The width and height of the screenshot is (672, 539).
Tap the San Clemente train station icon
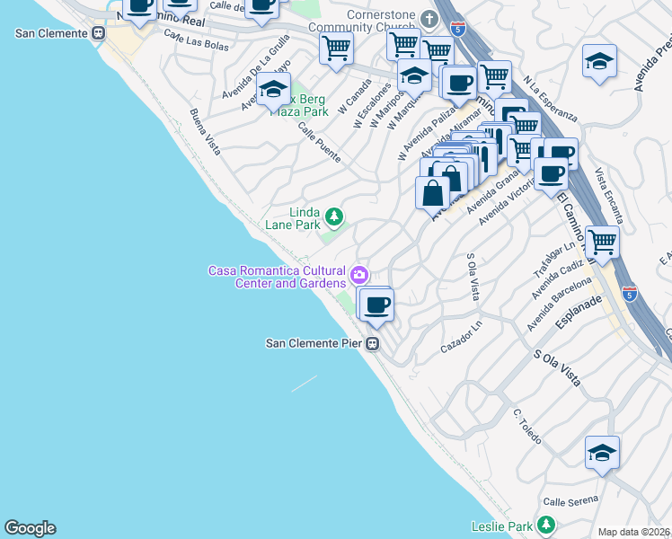[x=99, y=33]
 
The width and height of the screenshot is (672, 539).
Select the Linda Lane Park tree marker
[x=333, y=216]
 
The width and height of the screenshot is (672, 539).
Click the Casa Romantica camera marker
[x=359, y=273]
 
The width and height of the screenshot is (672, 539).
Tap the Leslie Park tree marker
[x=545, y=526]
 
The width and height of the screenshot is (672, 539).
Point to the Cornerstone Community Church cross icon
[x=429, y=19]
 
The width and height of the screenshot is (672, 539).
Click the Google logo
[x=30, y=528]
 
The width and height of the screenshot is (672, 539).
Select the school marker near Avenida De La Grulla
[x=273, y=91]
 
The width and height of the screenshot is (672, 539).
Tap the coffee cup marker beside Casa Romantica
[x=377, y=305]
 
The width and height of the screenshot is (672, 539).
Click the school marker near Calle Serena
[x=602, y=453]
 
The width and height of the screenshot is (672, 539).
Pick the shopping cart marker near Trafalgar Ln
[x=601, y=242]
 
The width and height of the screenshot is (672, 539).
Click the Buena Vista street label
[x=205, y=132]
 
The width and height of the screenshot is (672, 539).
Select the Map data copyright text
[x=634, y=532]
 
